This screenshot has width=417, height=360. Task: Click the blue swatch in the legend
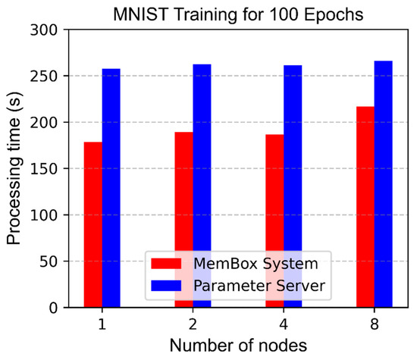(167, 286)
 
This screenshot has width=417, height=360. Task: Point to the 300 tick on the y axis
(45, 30)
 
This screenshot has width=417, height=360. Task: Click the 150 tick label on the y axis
(45, 169)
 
